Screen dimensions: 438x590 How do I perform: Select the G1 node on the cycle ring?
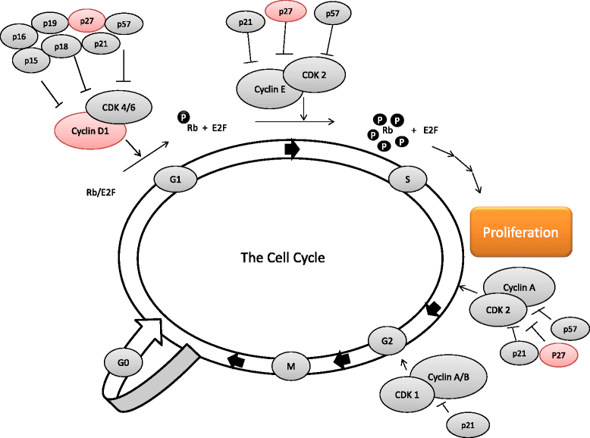(x=174, y=180)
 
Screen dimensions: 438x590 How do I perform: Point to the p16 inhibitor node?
(x=20, y=35)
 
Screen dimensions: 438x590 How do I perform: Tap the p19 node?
(x=50, y=24)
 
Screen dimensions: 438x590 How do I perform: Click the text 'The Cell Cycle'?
(x=282, y=258)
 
